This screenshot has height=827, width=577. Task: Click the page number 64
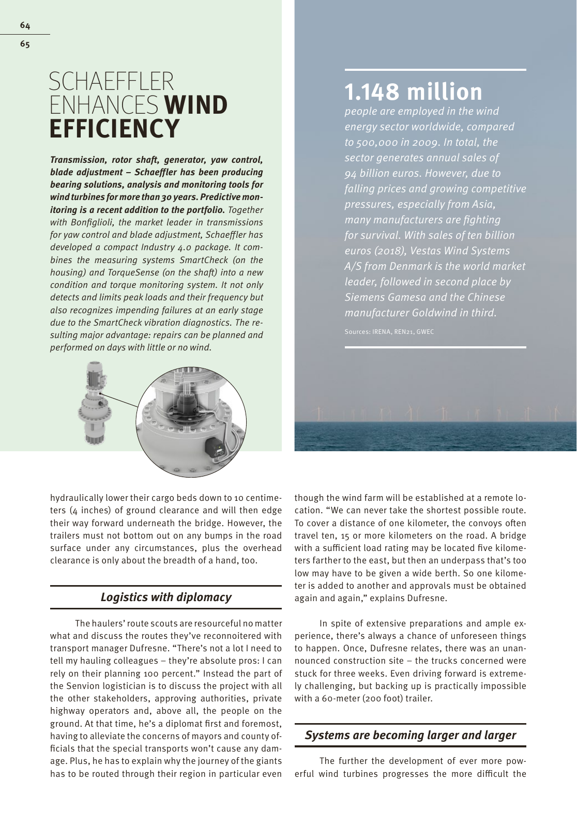click(x=25, y=25)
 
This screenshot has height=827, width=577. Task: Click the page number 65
click(x=25, y=44)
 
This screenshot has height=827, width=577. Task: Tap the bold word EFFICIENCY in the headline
click(x=114, y=129)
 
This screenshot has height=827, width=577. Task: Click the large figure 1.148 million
click(x=413, y=92)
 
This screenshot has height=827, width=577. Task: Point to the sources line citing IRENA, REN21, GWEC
click(x=389, y=332)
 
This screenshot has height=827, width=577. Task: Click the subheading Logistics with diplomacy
click(x=166, y=598)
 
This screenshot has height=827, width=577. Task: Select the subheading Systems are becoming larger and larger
click(x=410, y=735)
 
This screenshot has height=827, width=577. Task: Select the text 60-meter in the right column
click(x=330, y=698)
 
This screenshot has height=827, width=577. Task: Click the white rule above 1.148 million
click(x=435, y=70)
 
